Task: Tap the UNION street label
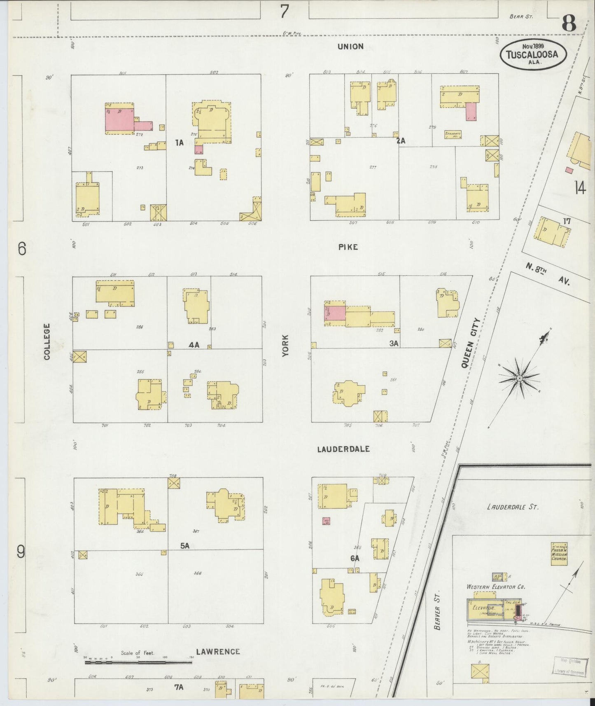(x=350, y=47)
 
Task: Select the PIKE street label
(x=348, y=247)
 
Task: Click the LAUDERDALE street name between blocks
(x=343, y=449)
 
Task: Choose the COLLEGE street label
(x=47, y=341)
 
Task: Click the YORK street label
(x=285, y=345)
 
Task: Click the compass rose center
(x=520, y=378)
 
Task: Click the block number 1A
(x=179, y=143)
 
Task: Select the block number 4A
(x=194, y=345)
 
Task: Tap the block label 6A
(x=355, y=558)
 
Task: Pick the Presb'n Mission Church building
(x=559, y=553)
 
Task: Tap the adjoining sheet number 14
(x=580, y=189)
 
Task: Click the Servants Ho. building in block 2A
(x=453, y=135)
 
